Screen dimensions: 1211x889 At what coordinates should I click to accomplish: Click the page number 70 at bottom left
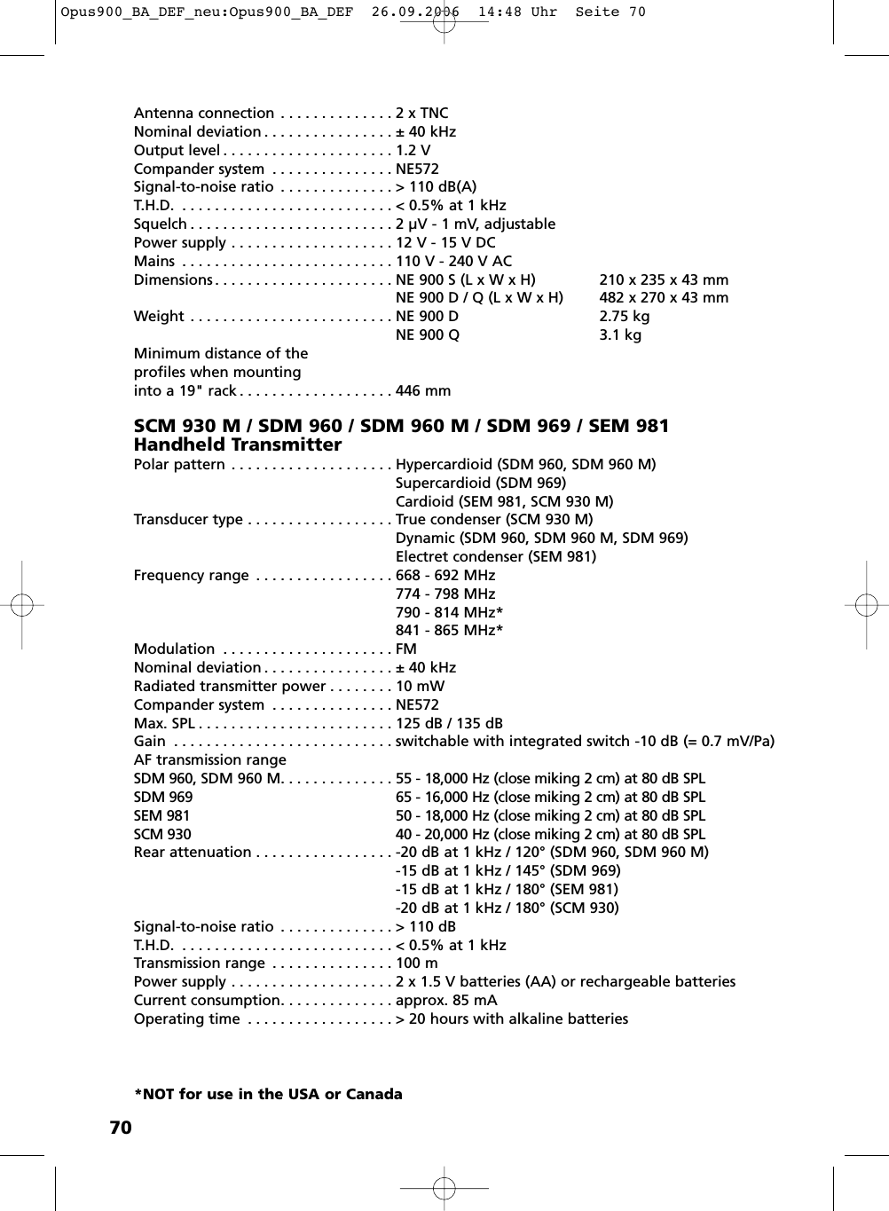(121, 1128)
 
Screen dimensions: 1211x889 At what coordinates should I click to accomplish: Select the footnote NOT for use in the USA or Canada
(268, 1094)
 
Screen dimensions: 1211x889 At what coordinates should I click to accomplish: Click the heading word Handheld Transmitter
(237, 445)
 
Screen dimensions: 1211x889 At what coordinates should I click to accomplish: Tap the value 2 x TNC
(422, 113)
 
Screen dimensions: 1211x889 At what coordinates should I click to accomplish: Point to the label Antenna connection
(204, 113)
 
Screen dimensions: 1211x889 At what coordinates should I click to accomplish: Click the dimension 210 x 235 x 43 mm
(664, 279)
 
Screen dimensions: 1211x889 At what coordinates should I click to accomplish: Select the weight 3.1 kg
(620, 334)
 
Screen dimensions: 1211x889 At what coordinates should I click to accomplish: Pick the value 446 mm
(423, 390)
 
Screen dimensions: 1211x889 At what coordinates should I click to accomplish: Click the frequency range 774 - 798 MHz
(445, 594)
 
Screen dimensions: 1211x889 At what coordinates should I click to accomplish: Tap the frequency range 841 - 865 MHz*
(449, 630)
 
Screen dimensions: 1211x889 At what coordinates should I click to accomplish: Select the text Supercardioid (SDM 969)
(480, 483)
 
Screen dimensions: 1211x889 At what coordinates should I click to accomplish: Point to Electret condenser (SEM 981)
(496, 556)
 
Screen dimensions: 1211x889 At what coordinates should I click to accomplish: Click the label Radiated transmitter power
(230, 686)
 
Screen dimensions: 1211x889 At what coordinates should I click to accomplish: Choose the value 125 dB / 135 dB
(449, 723)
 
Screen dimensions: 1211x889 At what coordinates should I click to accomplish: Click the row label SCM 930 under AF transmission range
(162, 834)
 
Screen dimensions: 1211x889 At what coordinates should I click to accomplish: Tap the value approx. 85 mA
(446, 1000)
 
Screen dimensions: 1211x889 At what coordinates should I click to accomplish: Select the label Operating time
(186, 1018)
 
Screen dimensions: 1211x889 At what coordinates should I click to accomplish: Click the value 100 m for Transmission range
(417, 963)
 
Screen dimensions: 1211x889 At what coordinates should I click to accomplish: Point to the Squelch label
(161, 224)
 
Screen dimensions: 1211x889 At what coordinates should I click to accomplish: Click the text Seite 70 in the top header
(610, 12)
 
